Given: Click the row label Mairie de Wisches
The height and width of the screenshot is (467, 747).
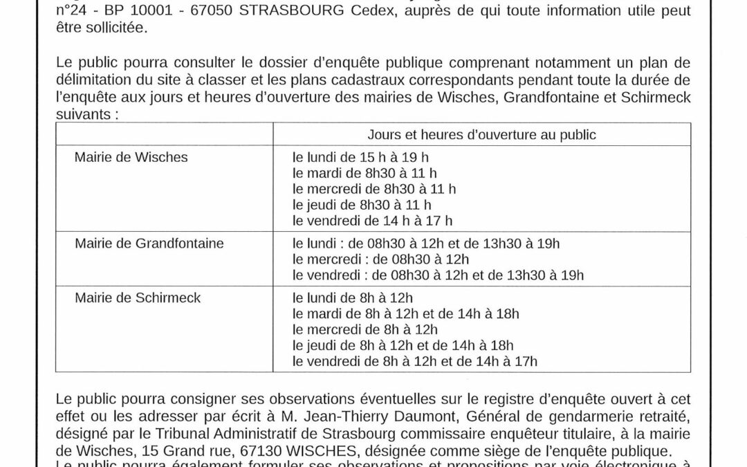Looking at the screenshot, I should [131, 157].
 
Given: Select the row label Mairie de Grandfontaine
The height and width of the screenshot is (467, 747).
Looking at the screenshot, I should [149, 244].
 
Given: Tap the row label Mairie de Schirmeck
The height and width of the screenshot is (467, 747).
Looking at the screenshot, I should [137, 298].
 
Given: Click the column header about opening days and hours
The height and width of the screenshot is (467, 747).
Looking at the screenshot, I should [482, 135].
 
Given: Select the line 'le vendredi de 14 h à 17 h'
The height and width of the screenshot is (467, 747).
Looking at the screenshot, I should [372, 221].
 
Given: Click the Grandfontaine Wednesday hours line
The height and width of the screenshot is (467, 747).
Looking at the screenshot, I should [380, 259].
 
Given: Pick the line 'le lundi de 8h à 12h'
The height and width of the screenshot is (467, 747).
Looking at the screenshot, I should [353, 298].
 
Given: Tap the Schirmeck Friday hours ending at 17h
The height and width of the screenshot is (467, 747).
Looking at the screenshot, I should [415, 361].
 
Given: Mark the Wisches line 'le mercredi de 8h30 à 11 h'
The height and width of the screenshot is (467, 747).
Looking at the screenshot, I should [374, 189].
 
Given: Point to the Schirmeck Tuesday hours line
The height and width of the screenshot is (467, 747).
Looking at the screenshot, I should [405, 314].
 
